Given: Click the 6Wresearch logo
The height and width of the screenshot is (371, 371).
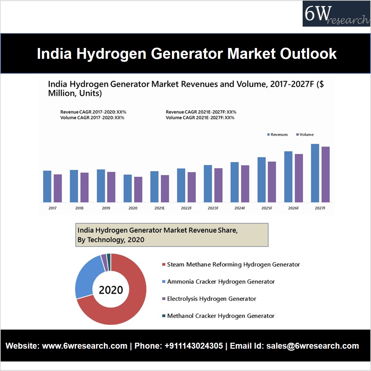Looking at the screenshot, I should [x=336, y=14].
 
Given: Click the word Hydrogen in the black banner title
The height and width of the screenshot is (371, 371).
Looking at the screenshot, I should [x=111, y=54].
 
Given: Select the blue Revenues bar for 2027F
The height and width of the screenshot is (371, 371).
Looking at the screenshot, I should [x=315, y=173].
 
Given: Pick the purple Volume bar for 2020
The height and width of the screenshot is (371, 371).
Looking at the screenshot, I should [x=138, y=189].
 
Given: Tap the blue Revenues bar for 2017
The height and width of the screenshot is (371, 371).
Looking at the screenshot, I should [x=47, y=186].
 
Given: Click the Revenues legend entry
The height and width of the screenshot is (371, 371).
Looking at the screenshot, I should [x=278, y=134].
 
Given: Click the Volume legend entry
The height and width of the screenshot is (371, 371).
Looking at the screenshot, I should [x=305, y=134].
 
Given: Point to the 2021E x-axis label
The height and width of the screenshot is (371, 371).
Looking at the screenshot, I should [x=159, y=208].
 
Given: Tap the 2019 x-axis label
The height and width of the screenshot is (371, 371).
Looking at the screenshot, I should [x=106, y=208].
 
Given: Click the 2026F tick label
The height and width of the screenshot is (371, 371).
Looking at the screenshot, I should [x=293, y=208].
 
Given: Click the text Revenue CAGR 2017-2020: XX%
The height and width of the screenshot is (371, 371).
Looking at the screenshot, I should [x=93, y=112].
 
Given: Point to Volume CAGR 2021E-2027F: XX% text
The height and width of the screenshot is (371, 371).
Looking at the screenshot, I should [x=200, y=118].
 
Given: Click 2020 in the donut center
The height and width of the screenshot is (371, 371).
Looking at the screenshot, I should [x=111, y=290].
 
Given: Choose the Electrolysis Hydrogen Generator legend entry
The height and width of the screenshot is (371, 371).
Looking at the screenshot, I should [x=211, y=299].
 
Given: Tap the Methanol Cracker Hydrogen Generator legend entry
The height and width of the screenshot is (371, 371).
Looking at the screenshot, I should [x=220, y=316].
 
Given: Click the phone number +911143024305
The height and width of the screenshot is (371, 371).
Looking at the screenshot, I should [x=194, y=346].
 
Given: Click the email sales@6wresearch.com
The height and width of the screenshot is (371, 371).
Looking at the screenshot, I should [x=312, y=346].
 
